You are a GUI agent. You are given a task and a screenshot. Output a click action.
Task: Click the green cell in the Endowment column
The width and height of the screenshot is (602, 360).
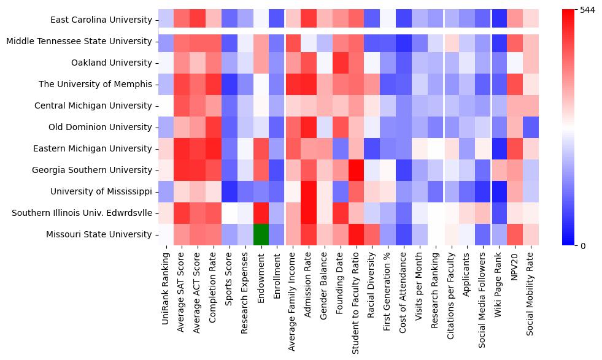(x=261, y=234)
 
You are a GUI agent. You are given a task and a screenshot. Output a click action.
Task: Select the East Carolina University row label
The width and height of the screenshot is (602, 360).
(x=101, y=20)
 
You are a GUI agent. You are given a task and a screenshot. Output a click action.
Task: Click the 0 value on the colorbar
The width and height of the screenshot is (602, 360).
(x=582, y=246)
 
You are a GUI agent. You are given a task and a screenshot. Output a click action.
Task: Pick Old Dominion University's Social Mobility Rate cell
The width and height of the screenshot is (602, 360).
(x=530, y=127)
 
